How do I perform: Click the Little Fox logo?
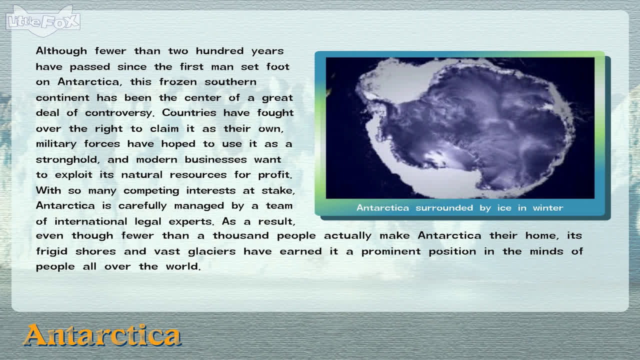(x=43, y=21)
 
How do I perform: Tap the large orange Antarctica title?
(x=102, y=335)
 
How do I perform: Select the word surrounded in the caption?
(x=444, y=207)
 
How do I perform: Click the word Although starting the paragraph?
(x=61, y=51)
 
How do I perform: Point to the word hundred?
(x=219, y=51)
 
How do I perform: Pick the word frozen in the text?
(x=178, y=82)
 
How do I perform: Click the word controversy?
(x=119, y=113)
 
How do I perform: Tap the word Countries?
(x=189, y=112)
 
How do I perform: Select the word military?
(x=56, y=144)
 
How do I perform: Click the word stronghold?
(x=67, y=159)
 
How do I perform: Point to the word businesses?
(x=215, y=159)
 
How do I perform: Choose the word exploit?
(x=73, y=175)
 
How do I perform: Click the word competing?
(x=151, y=191)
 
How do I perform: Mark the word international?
(x=91, y=221)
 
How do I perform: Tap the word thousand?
(x=240, y=235)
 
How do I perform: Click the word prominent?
(x=391, y=251)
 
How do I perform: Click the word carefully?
(x=142, y=206)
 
